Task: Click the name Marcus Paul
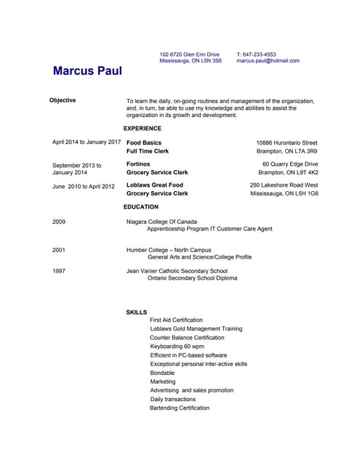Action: (x=87, y=71)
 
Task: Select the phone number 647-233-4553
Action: (x=260, y=54)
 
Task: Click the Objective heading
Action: (x=63, y=100)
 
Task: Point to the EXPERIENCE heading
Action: (x=143, y=129)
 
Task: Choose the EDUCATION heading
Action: (x=141, y=207)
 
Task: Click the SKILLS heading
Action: (x=137, y=312)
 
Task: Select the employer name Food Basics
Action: (x=144, y=142)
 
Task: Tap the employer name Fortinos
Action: (x=138, y=164)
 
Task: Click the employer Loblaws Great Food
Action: (x=155, y=185)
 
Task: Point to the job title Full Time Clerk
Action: (x=148, y=151)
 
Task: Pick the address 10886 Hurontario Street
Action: (x=287, y=142)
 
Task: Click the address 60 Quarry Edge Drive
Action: (x=290, y=164)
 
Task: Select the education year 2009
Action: (x=59, y=221)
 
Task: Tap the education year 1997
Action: (x=59, y=270)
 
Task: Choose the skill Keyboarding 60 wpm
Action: (x=177, y=347)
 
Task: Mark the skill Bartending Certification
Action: (x=180, y=408)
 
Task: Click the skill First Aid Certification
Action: (x=176, y=320)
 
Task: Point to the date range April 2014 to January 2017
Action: (x=87, y=142)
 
